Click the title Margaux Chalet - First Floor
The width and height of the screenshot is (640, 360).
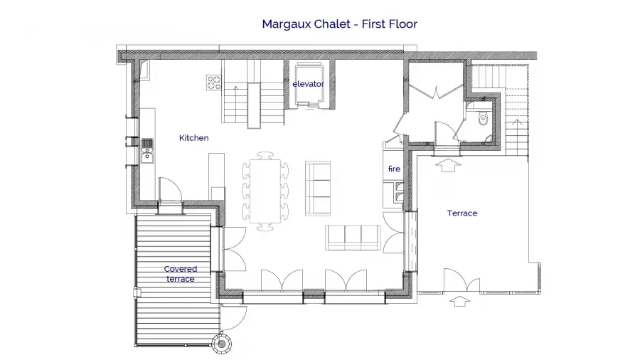[340, 24]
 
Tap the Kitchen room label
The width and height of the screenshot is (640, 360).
[194, 138]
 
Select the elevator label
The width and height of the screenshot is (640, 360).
[308, 84]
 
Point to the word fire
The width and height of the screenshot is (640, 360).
[394, 169]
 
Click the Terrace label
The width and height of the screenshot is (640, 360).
[462, 213]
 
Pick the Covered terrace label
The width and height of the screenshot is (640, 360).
[181, 274]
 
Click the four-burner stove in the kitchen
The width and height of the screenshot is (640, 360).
[213, 83]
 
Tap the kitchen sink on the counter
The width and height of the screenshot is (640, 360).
[147, 151]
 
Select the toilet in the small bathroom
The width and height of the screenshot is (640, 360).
[484, 118]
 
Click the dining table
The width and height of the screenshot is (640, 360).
[265, 191]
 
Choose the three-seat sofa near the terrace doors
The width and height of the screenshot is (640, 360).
[353, 237]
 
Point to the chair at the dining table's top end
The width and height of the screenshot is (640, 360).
[265, 156]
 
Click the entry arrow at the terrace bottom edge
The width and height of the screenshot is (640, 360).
[459, 302]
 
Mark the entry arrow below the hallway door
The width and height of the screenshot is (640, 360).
[449, 165]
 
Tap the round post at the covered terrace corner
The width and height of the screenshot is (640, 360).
[222, 344]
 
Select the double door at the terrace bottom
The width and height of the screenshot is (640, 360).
[462, 280]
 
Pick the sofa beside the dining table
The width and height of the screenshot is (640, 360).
[318, 188]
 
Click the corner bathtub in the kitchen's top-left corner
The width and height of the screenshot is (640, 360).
[145, 69]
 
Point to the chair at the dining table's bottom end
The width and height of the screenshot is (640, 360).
[265, 227]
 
